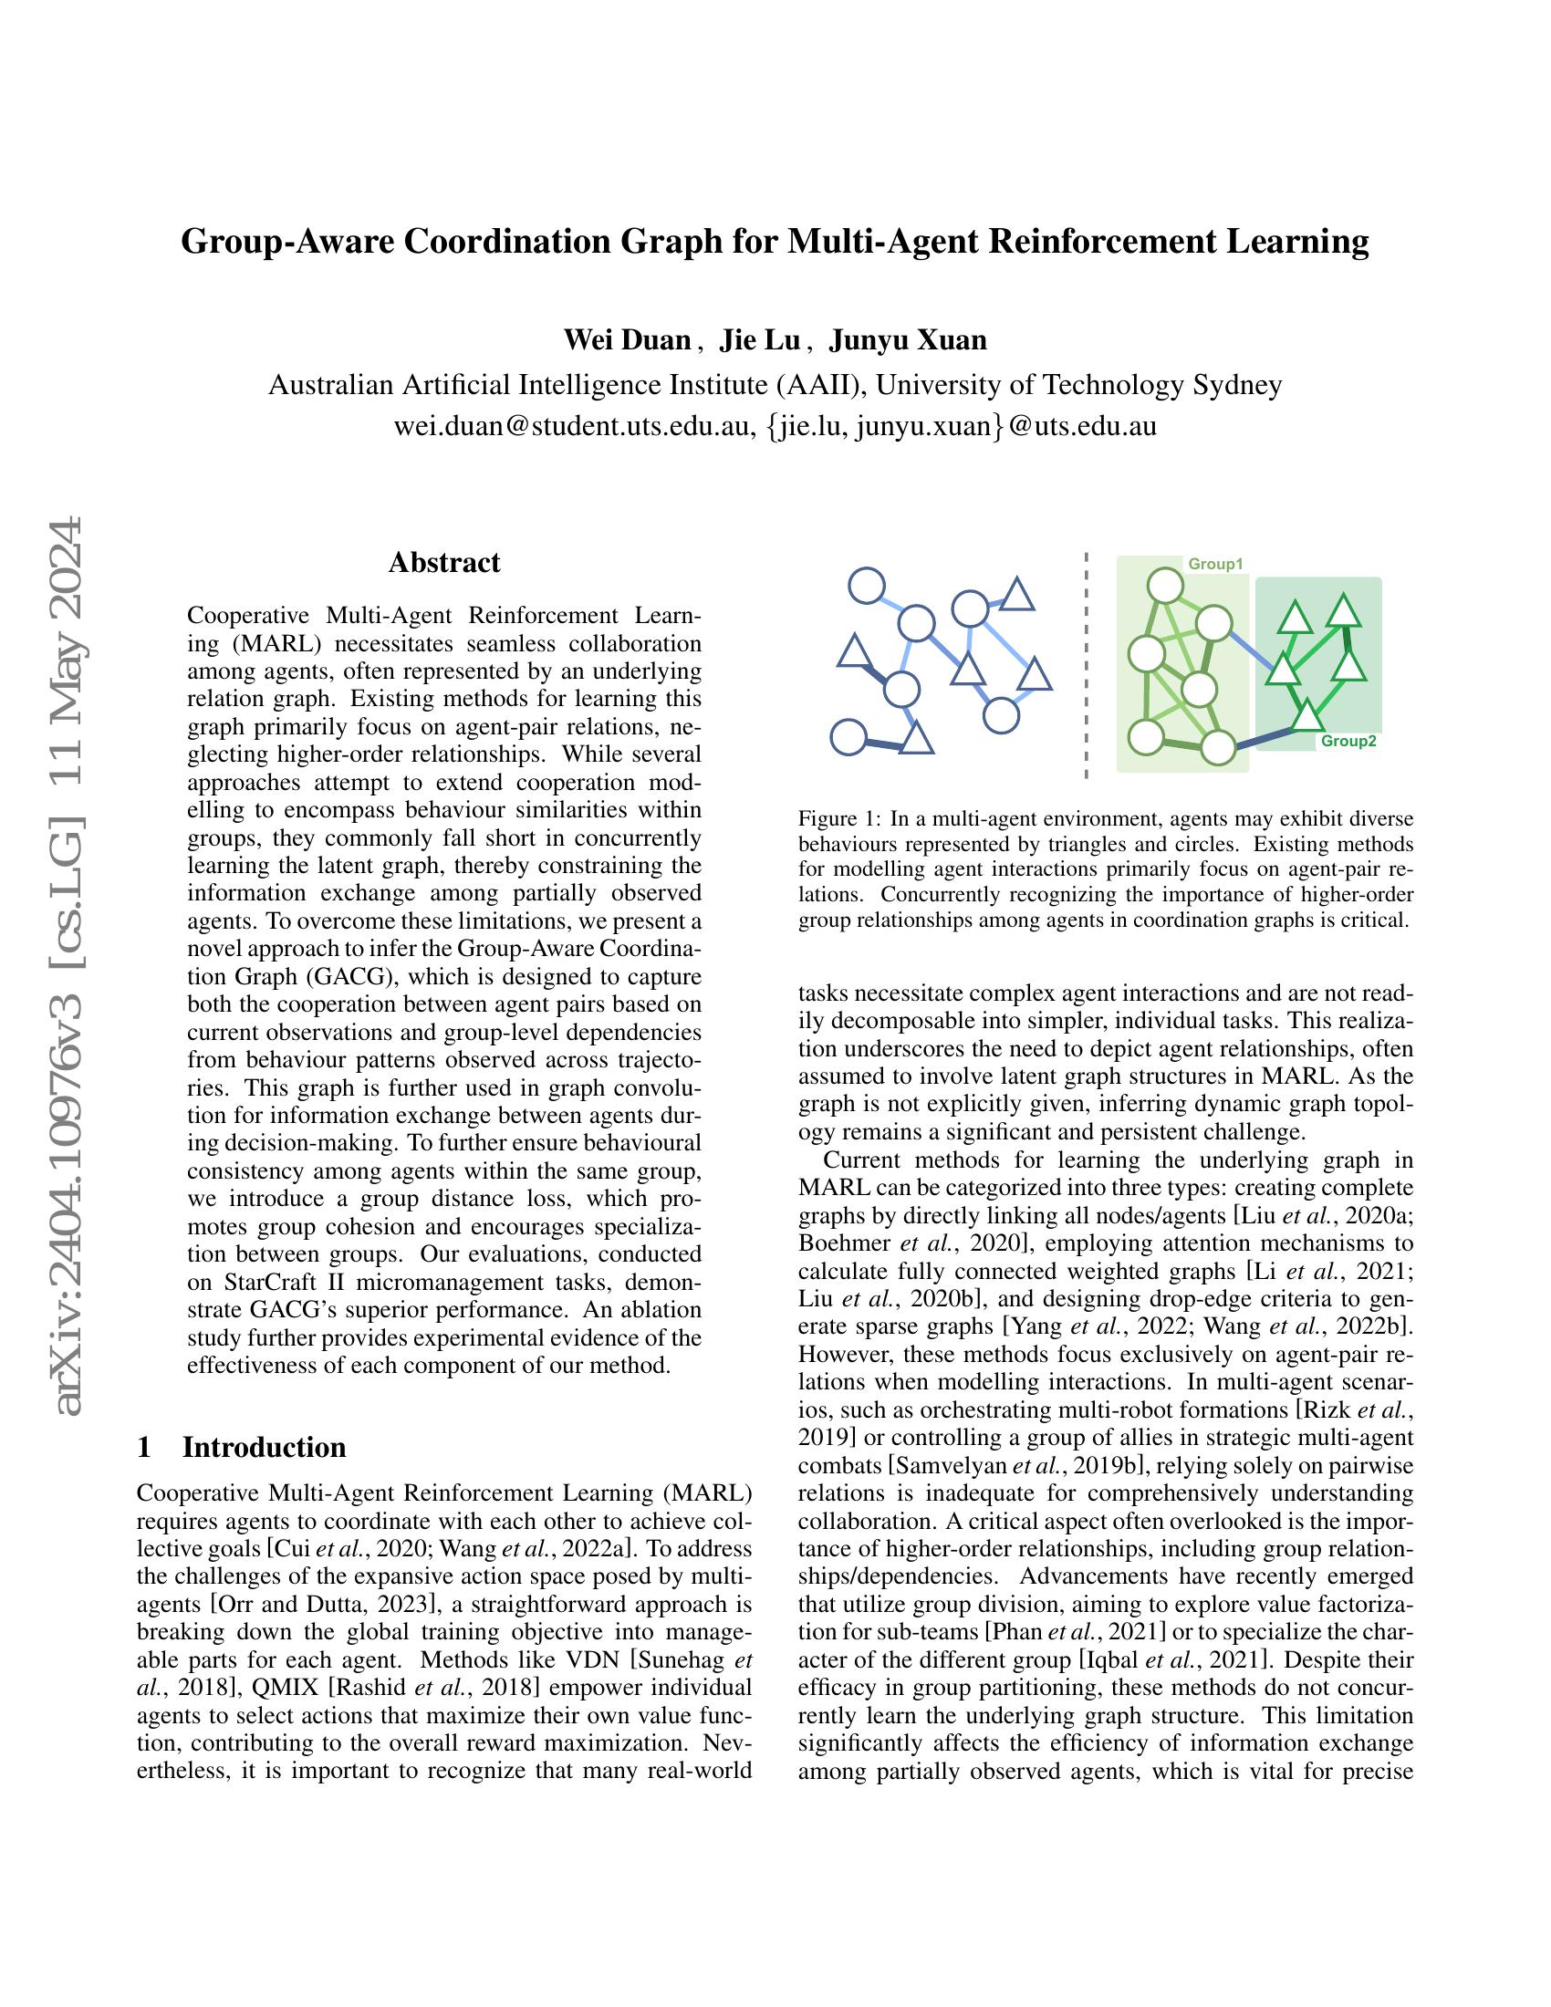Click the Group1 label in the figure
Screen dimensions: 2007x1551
(1214, 564)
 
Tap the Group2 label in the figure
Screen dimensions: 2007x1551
(1348, 742)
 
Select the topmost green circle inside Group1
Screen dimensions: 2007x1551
(1165, 585)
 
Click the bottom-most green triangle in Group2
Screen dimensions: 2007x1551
(1306, 713)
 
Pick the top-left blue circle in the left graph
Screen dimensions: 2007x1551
(867, 585)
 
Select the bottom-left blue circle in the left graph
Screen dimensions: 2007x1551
(848, 737)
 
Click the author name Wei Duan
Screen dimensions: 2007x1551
(628, 340)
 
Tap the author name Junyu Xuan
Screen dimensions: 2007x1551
(908, 340)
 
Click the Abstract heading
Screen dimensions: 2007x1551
(443, 562)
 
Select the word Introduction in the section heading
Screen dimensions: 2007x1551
(265, 1447)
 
